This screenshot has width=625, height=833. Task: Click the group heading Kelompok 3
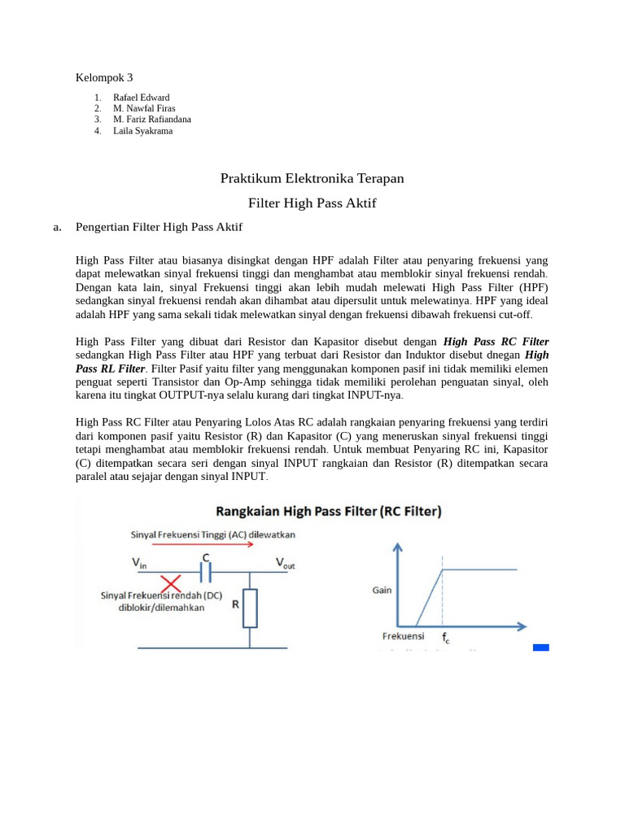(x=103, y=78)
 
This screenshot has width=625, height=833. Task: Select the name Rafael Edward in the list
(x=142, y=98)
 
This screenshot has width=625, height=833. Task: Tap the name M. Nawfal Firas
(x=144, y=108)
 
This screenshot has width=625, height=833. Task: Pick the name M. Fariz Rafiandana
(x=152, y=120)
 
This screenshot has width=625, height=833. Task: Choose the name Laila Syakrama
(x=142, y=130)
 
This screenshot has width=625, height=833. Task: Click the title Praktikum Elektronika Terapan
(x=312, y=178)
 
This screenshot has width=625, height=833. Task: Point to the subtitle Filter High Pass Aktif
(x=312, y=203)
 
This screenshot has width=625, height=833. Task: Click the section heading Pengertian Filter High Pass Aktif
(x=159, y=227)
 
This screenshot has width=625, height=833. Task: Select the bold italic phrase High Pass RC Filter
(x=496, y=342)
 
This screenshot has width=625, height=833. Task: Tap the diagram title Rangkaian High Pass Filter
(x=328, y=512)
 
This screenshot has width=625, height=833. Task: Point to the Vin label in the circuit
(x=141, y=562)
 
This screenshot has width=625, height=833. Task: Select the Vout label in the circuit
(x=285, y=562)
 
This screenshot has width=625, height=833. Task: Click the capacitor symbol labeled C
(x=206, y=574)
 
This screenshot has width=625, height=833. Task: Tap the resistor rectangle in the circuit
(x=250, y=608)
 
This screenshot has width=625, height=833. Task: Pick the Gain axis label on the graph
(x=382, y=590)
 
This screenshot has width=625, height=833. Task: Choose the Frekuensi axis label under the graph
(x=403, y=636)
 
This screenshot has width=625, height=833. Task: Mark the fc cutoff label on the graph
(x=446, y=639)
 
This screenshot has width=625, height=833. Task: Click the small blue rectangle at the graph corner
(x=541, y=648)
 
